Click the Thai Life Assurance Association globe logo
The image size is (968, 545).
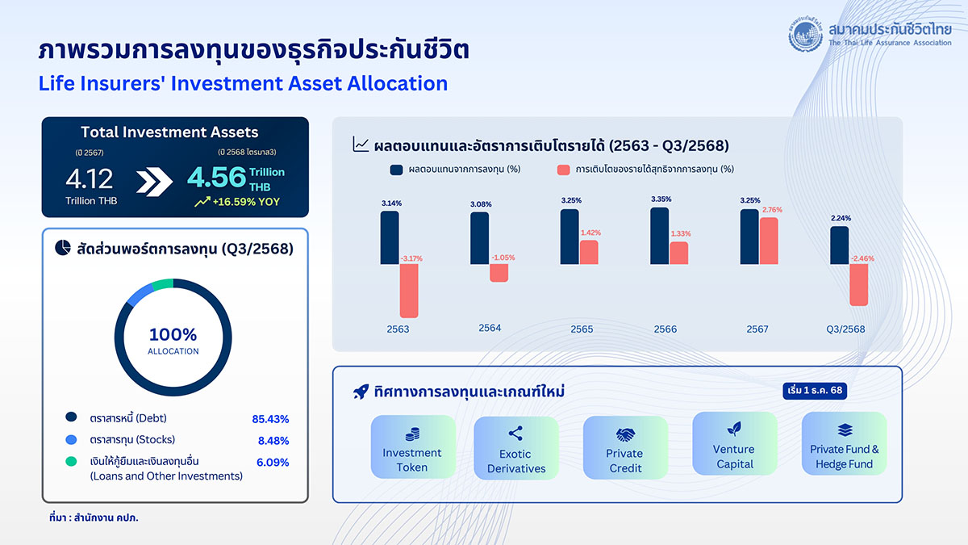pos(806,35)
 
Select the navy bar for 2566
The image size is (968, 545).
pos(660,236)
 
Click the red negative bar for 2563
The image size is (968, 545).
pos(409,291)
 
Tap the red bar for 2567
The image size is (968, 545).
pos(769,241)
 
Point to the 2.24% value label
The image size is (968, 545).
pos(841,218)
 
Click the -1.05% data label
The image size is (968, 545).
pos(503,258)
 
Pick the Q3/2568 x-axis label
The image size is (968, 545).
pos(845,329)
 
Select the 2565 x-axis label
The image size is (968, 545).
pos(582,329)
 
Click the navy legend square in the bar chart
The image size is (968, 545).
pos(396,170)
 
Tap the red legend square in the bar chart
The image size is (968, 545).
pos(564,170)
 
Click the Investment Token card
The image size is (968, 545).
pos(413,446)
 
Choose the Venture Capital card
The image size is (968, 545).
pos(735,443)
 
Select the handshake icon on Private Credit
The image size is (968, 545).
pos(625,434)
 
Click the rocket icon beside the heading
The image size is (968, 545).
pos(361,392)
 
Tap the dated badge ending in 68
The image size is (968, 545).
pos(815,391)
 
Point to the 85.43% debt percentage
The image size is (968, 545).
pos(270,419)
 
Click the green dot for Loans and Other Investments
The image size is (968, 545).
pos(71,462)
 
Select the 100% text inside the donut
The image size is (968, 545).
pos(173,334)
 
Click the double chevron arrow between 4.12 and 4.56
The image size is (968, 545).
pos(154,182)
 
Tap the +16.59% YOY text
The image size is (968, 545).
pos(246,202)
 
